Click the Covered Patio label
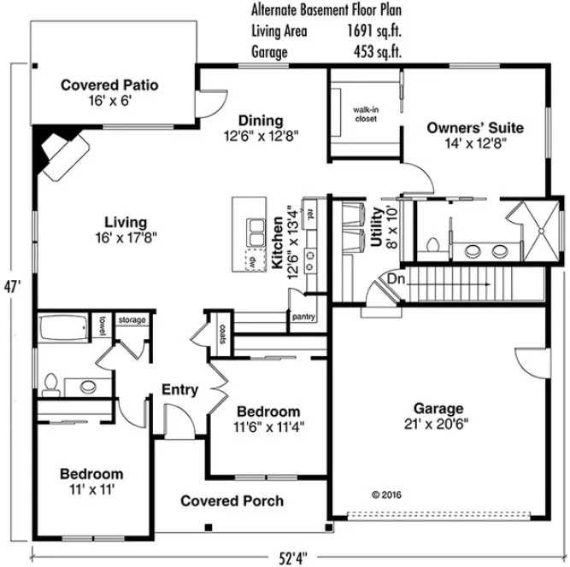pyautogui.click(x=109, y=85)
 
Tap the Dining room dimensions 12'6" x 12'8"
pyautogui.click(x=261, y=135)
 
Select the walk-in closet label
pyautogui.click(x=366, y=114)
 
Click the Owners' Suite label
pyautogui.click(x=475, y=128)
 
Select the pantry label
pyautogui.click(x=303, y=317)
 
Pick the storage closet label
pyautogui.click(x=132, y=319)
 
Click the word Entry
pyautogui.click(x=179, y=390)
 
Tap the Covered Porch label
pyautogui.click(x=232, y=500)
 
